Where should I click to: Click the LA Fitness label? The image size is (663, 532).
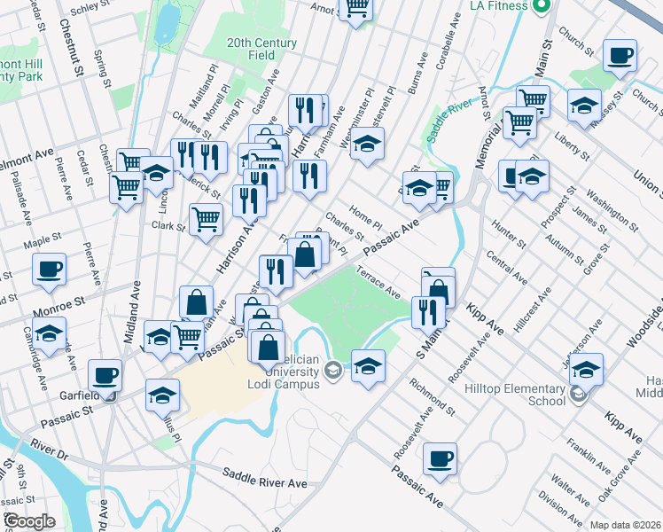coord(500,5)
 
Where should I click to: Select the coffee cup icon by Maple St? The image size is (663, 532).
coord(49,268)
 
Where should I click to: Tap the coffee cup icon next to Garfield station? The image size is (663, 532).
coord(105,374)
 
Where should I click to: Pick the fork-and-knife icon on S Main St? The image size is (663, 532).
coord(428,311)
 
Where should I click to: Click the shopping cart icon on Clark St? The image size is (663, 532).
coord(207,217)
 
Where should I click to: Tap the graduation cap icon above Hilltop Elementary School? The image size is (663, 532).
coord(586,368)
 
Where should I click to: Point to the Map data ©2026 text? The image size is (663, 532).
coord(625,525)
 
